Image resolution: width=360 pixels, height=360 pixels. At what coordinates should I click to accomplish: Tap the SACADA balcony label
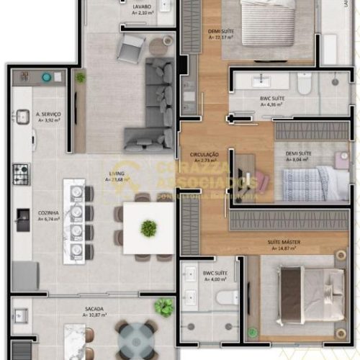(x=94, y=312)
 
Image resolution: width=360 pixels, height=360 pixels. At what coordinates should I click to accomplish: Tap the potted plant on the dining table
(x=148, y=228)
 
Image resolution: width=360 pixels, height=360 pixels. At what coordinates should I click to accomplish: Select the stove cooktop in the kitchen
(x=22, y=173)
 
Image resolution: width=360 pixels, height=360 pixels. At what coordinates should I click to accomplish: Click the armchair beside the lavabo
(x=131, y=48)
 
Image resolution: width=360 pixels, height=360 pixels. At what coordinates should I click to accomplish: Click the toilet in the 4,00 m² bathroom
(x=226, y=297)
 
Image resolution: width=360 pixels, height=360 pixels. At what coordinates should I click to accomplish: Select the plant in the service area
(x=80, y=77)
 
